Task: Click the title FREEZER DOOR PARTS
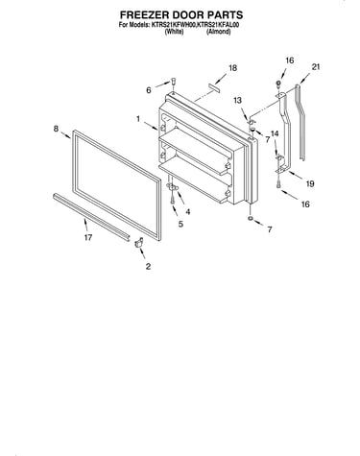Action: (x=181, y=14)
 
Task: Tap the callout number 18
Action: (x=232, y=68)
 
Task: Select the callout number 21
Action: (x=316, y=67)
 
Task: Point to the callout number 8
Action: (x=56, y=129)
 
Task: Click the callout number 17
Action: (x=88, y=237)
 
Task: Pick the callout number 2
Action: (x=148, y=266)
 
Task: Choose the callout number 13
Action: (x=238, y=101)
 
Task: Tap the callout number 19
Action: (x=310, y=183)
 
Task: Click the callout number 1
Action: (x=138, y=119)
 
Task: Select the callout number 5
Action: (x=180, y=224)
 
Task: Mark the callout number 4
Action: (x=188, y=212)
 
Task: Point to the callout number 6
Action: (x=149, y=90)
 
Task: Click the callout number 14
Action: (x=275, y=133)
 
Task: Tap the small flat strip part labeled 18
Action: (x=214, y=87)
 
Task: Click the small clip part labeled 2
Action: (x=138, y=243)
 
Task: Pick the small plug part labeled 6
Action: (x=174, y=81)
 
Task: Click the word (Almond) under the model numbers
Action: (x=219, y=32)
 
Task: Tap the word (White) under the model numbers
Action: (x=174, y=32)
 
